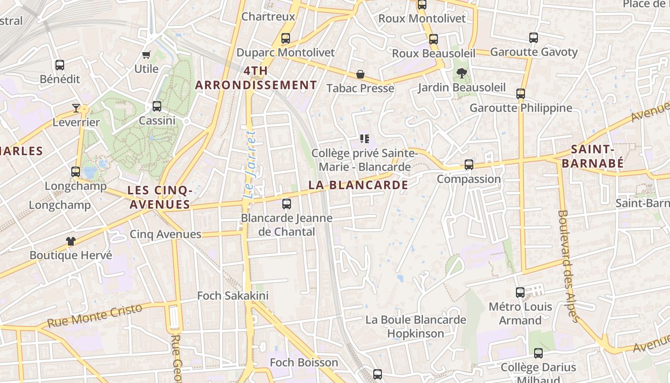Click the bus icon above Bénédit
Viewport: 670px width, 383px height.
(60, 65)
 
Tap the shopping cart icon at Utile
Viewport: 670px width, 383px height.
(146, 55)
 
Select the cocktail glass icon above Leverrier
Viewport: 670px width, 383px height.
(76, 108)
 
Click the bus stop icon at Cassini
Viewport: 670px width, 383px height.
(157, 106)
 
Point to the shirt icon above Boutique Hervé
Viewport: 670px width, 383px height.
(71, 241)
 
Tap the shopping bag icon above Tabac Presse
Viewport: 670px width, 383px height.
(360, 74)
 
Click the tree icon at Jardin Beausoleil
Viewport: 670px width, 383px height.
(461, 73)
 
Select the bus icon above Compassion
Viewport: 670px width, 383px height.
(469, 165)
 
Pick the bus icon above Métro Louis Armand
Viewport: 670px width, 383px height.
(520, 292)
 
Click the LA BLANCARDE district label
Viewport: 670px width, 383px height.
(358, 185)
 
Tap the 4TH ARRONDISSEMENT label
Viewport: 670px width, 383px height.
(256, 79)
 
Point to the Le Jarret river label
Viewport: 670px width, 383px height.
(250, 164)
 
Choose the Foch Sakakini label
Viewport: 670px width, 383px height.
(233, 296)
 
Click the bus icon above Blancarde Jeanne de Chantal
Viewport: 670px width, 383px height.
(287, 204)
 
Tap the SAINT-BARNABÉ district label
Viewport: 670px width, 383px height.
(592, 156)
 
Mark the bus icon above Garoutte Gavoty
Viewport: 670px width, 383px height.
(534, 38)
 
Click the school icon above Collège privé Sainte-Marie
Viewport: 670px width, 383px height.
(365, 139)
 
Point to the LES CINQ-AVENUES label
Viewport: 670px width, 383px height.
(160, 197)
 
